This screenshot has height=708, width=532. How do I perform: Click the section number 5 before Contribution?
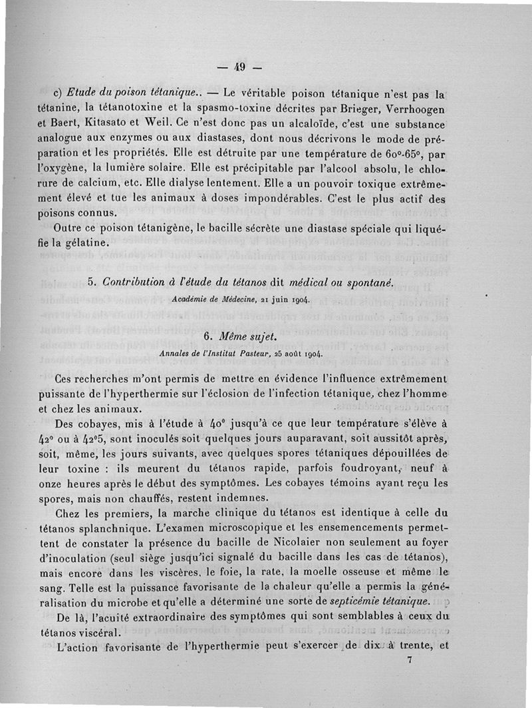click(x=91, y=283)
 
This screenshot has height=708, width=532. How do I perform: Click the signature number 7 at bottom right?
click(x=410, y=661)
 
